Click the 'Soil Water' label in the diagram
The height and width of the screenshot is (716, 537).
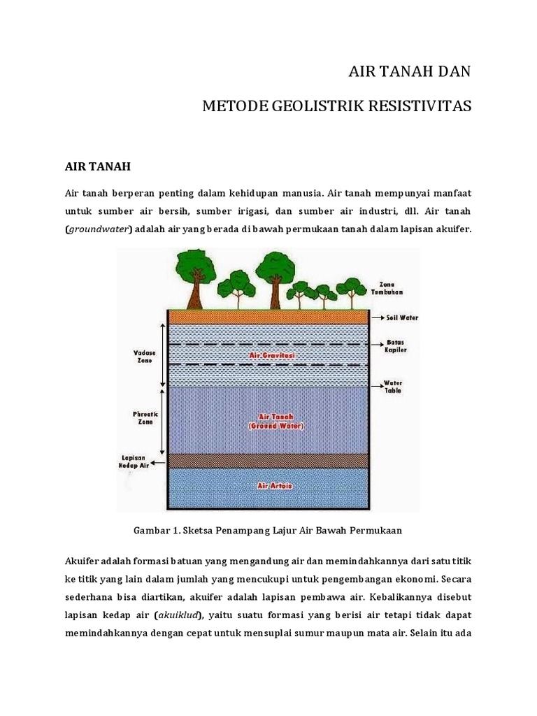402,317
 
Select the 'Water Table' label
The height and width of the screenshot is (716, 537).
393,387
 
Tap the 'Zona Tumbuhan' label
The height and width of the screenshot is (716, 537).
392,288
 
